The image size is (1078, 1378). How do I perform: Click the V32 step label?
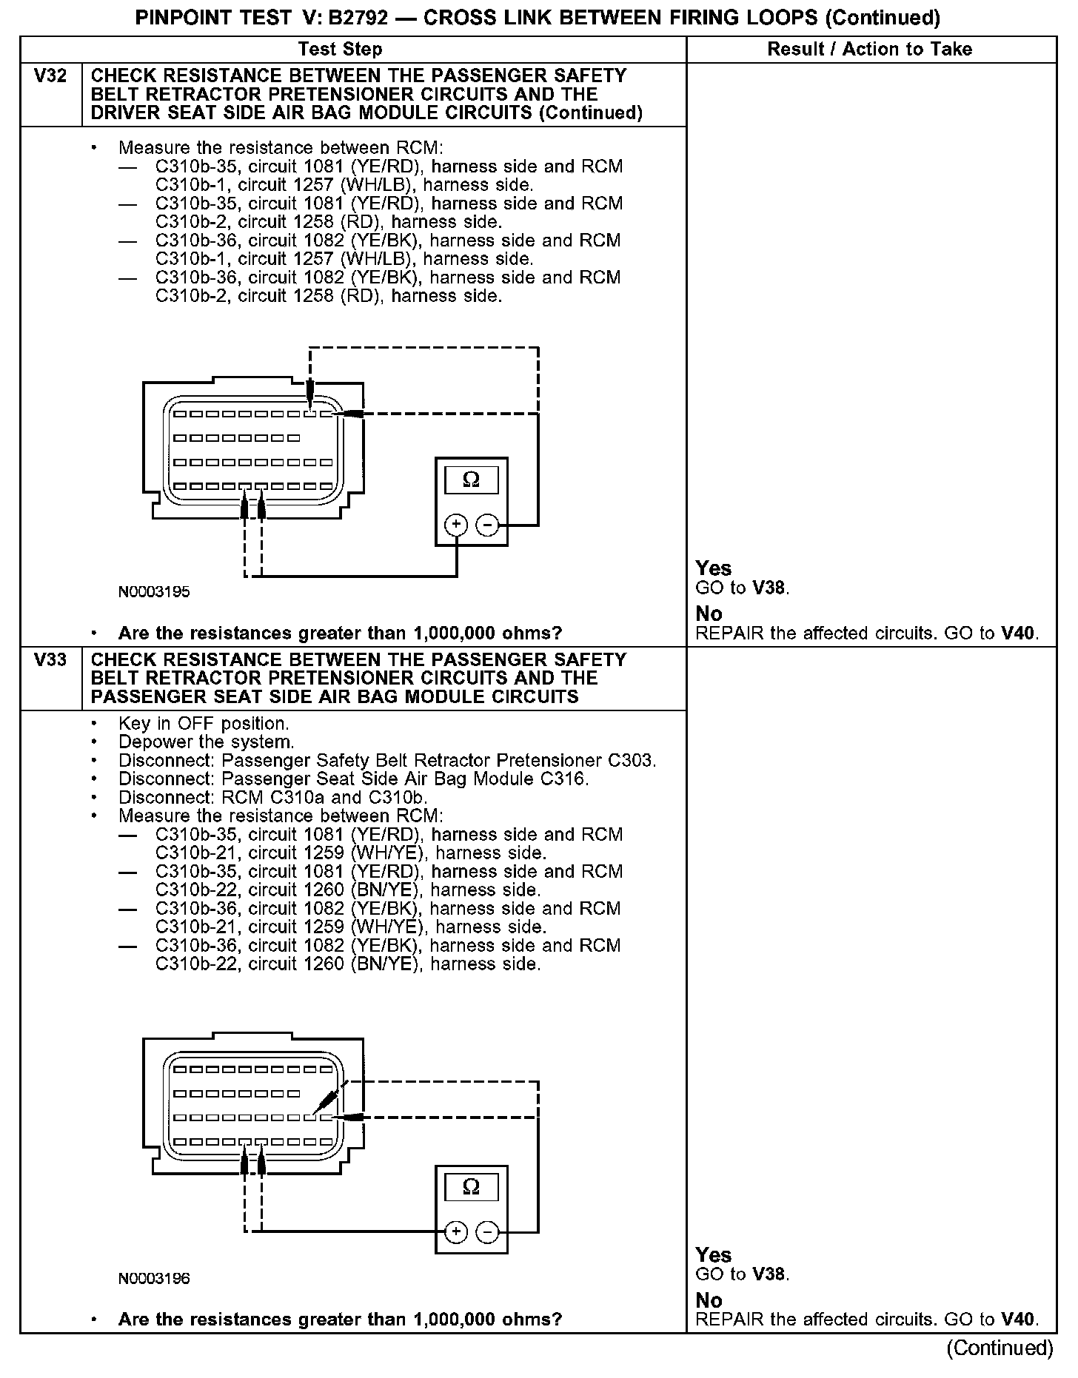(x=50, y=76)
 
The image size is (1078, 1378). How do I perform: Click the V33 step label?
(x=50, y=660)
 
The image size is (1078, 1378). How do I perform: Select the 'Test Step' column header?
(x=341, y=50)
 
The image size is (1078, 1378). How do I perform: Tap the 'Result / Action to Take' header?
(x=870, y=50)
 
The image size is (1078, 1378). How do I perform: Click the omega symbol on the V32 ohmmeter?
(x=471, y=480)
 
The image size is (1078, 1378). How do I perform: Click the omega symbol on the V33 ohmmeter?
(x=471, y=1187)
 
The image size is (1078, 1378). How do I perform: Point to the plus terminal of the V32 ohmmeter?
(x=456, y=525)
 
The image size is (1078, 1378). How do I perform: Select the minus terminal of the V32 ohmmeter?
(x=487, y=525)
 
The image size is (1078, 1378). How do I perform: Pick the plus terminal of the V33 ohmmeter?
(x=456, y=1231)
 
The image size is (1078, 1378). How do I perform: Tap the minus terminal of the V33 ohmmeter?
(x=487, y=1231)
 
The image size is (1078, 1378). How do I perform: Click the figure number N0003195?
(x=154, y=592)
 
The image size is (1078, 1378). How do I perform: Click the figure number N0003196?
(x=154, y=1278)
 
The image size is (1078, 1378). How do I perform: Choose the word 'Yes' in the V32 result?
(x=714, y=568)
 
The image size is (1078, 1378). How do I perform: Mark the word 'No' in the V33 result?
(x=709, y=1300)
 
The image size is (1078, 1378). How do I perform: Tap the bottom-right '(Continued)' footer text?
(x=1000, y=1348)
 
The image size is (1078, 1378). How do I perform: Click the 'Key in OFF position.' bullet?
(x=204, y=724)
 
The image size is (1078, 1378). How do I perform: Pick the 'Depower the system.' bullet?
(x=206, y=742)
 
